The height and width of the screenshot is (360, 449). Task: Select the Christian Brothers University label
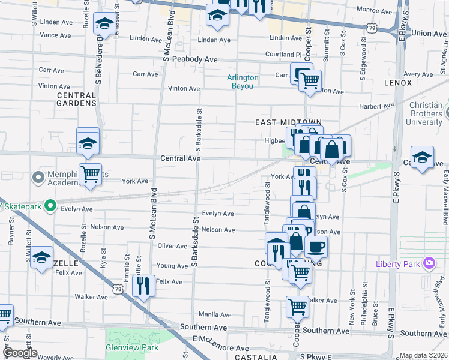tap(417, 113)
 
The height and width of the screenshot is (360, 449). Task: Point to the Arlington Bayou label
tap(243, 82)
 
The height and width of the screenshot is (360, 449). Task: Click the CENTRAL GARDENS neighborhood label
tap(76, 99)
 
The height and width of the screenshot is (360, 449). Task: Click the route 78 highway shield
tap(119, 290)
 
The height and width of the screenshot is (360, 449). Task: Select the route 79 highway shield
tap(373, 28)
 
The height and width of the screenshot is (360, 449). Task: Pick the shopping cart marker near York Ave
tap(90, 174)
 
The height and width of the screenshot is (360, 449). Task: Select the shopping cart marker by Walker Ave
tap(298, 306)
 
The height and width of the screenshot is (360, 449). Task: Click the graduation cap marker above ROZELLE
tap(41, 257)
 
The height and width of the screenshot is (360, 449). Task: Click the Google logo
tap(20, 353)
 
